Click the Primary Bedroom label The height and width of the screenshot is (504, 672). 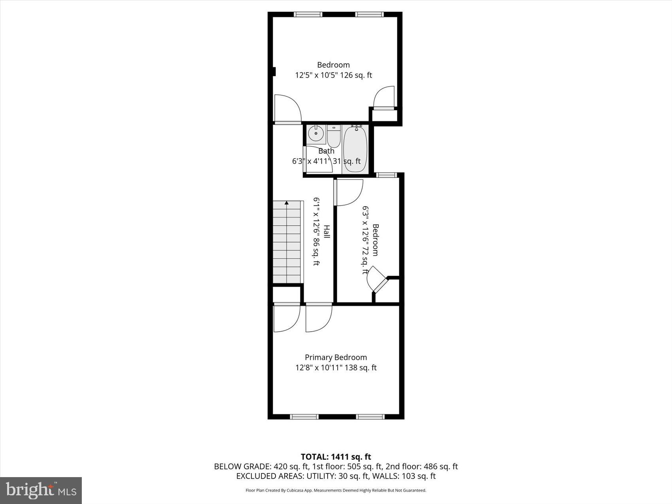tap(336, 357)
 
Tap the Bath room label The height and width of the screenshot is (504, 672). tap(326, 151)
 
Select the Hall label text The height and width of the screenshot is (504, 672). tap(327, 231)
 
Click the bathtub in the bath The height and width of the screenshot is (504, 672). tap(355, 149)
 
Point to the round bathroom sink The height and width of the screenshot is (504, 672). tap(316, 134)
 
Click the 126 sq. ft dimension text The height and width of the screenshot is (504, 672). tap(356, 75)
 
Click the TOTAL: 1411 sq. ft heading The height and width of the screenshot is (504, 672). tap(336, 457)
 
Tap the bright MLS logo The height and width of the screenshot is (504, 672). tap(41, 490)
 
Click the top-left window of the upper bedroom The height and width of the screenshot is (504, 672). tap(308, 15)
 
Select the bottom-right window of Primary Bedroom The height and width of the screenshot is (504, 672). tap(370, 416)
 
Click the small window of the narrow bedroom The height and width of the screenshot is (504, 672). tap(386, 175)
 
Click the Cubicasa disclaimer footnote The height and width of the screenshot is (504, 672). tap(336, 491)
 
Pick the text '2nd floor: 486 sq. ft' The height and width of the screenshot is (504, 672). tap(421, 466)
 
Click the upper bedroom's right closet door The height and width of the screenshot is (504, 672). tap(384, 97)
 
